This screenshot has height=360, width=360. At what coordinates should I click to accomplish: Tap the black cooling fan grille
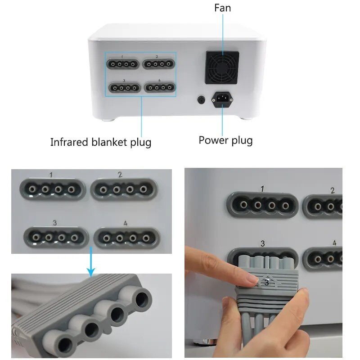[x=222, y=67]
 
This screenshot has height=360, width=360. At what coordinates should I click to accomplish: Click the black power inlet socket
[x=222, y=99]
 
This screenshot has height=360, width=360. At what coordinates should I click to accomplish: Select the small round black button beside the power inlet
[x=202, y=99]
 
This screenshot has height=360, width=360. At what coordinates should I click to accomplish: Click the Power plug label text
[x=225, y=140]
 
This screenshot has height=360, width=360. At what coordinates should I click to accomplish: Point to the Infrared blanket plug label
[x=101, y=142]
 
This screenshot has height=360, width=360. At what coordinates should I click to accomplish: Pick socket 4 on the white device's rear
[x=160, y=87]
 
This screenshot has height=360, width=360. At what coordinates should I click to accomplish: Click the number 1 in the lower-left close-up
[x=51, y=174]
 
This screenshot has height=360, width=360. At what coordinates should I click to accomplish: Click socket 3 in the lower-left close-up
[x=55, y=235]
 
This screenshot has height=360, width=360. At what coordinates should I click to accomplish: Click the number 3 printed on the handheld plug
[x=266, y=282]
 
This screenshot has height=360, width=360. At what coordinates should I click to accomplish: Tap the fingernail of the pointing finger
[x=252, y=280]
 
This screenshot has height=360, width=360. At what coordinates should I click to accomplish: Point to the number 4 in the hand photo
[x=334, y=243]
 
